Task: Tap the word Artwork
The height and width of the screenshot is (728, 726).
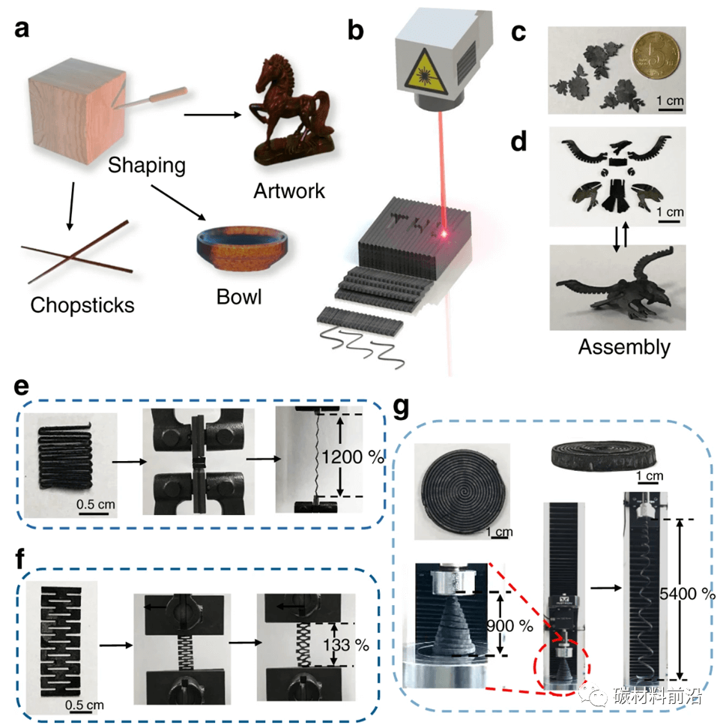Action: click(289, 190)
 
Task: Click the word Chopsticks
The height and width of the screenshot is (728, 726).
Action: click(82, 304)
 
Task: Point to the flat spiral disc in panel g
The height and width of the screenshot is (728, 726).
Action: click(462, 488)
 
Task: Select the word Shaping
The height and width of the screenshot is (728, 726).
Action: click(146, 164)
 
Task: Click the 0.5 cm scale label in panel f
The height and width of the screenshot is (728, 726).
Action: click(84, 705)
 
